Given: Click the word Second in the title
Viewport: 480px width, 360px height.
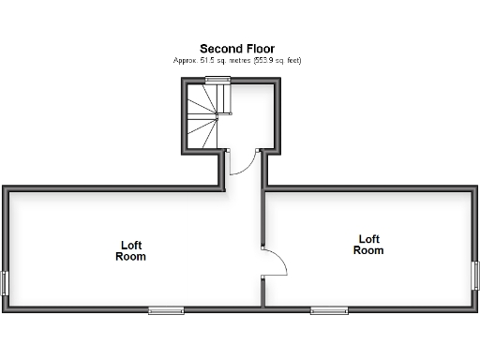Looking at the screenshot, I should pos(218,48).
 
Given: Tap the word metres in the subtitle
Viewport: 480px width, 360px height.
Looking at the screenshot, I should pos(233,60).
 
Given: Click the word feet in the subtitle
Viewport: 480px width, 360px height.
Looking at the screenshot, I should pos(292,60).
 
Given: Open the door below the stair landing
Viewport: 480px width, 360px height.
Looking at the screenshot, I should pos(241,161).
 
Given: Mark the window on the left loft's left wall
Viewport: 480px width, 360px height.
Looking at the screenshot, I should pos(5,283).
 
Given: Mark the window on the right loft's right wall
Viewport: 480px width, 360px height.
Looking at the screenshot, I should pos(475,275).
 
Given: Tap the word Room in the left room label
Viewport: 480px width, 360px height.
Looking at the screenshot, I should pos(131,256).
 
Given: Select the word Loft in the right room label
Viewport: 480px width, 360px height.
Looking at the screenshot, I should pos(368,239).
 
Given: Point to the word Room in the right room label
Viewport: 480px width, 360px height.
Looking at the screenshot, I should pos(368,250).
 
